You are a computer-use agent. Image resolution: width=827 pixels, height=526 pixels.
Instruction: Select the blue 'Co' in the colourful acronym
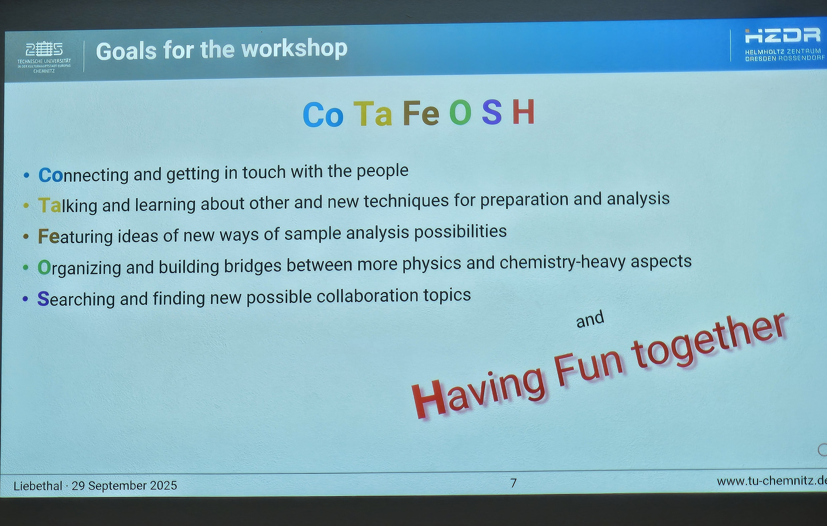323,115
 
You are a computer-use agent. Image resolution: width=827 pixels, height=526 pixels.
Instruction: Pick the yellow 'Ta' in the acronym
373,113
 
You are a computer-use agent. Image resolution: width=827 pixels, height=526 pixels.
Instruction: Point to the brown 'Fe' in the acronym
421,113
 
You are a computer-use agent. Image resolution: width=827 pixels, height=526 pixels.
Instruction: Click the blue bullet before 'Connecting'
26,176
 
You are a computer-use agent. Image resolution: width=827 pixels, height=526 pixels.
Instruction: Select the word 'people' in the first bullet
382,171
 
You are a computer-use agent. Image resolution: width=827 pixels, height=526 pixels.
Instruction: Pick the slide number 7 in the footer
513,483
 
